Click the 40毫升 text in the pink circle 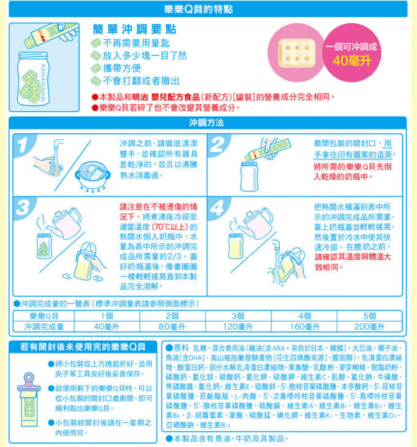click(x=352, y=60)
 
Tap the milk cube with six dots click(x=297, y=53)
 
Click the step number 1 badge click(x=24, y=145)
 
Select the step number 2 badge click(x=218, y=145)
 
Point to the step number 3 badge click(x=24, y=208)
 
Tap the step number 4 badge click(x=218, y=208)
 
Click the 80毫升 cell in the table click(x=172, y=327)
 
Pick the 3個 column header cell click(x=238, y=316)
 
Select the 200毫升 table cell click(x=369, y=327)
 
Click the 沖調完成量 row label click(x=44, y=327)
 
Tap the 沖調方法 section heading click(x=206, y=123)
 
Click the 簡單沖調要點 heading click(x=134, y=29)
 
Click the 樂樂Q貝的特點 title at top click(x=199, y=9)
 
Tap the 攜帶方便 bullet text click(x=122, y=68)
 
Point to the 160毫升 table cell click(x=304, y=327)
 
